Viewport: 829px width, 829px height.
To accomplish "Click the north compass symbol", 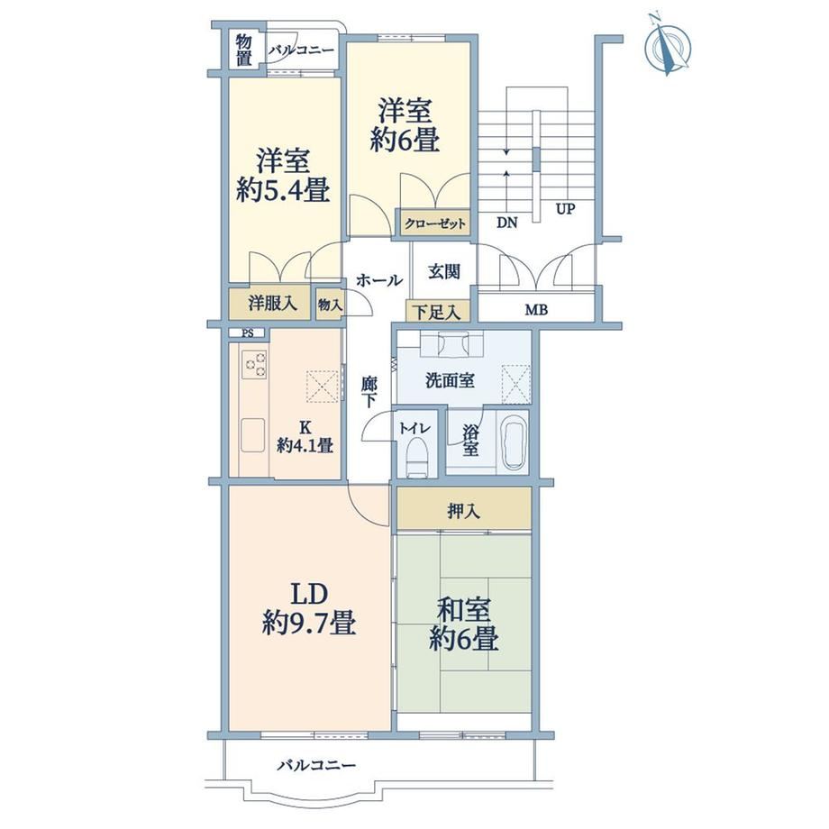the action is point(668,47).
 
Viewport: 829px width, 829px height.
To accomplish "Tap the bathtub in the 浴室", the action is point(515,443).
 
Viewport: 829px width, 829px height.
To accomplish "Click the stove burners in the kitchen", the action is point(255,364).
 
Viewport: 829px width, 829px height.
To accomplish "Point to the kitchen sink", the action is point(253,435).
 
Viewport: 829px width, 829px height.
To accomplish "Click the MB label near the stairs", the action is point(536,310).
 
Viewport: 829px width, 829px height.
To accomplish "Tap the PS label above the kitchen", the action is point(247,333).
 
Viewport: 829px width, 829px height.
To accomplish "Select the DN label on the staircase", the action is point(507,223).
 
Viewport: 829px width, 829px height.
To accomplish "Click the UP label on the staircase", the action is point(565,209).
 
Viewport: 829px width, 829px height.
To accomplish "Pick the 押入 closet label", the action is point(464,511).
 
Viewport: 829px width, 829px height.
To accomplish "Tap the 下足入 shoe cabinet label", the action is point(436,313).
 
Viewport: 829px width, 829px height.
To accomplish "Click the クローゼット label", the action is point(435,224).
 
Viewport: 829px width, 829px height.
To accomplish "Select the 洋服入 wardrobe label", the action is point(273,304).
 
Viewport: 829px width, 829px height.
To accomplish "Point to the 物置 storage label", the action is point(243,50).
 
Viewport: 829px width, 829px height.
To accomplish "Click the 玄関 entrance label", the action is point(443,272).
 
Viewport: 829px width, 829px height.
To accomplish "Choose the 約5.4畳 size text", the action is point(283,190).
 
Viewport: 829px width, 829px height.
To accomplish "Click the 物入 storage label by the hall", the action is point(330,305).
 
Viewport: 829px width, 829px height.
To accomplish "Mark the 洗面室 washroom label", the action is point(450,380).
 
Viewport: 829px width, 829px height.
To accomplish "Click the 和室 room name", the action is point(463,610).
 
